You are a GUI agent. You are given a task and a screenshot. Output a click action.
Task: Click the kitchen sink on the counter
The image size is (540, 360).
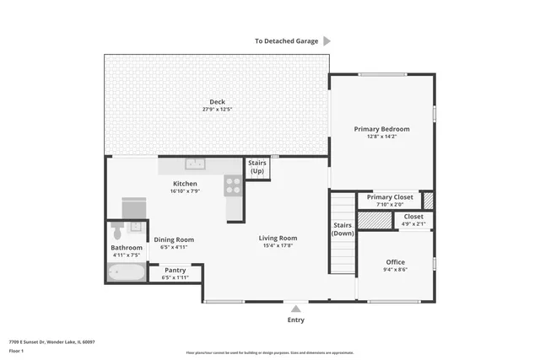(x=196, y=164)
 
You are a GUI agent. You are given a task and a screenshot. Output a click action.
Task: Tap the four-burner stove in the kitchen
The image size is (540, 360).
(x=233, y=185)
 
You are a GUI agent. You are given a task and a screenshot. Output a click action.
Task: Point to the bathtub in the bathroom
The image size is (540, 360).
(x=126, y=272)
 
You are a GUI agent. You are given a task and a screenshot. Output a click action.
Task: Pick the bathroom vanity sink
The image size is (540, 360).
(x=136, y=228)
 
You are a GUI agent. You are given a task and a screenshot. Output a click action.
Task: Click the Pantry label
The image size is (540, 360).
(x=175, y=270)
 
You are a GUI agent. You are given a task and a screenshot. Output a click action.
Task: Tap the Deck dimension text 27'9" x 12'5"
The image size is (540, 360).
(x=217, y=110)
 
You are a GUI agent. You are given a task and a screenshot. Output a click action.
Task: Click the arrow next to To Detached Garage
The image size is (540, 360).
(x=327, y=40)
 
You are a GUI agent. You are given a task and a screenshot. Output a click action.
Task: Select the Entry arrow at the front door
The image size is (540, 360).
(x=295, y=309)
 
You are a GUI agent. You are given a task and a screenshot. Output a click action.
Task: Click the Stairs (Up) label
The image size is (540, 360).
(x=256, y=167)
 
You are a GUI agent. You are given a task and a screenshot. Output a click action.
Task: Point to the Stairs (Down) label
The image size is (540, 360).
(x=343, y=228)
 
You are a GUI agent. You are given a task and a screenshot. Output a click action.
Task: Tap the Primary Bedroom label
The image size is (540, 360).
(x=381, y=129)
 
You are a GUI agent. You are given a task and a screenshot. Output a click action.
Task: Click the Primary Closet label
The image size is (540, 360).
(x=391, y=196)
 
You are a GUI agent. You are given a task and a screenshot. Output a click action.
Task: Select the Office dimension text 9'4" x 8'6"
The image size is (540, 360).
(x=396, y=271)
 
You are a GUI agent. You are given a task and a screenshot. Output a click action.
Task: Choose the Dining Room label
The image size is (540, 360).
(x=174, y=239)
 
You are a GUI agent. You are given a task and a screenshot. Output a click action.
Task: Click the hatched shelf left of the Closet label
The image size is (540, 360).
(x=375, y=220)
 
